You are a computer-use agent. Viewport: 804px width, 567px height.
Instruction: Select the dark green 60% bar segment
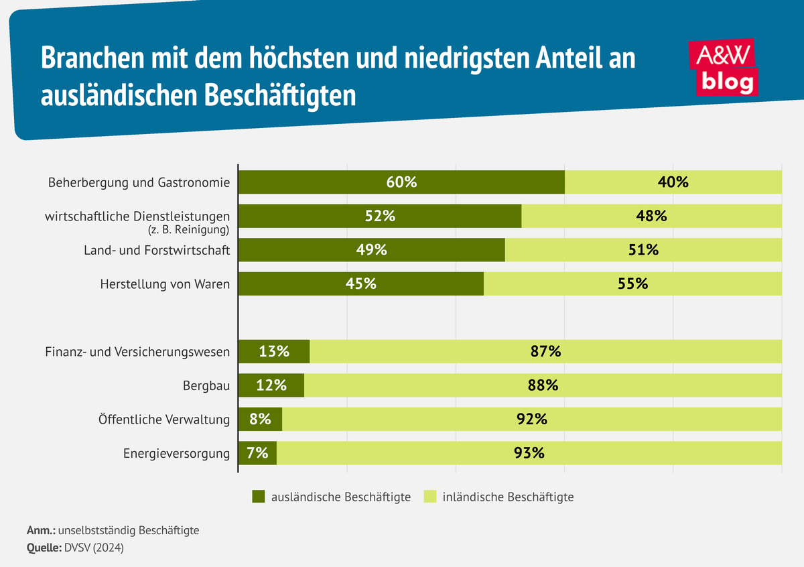pyautogui.click(x=401, y=182)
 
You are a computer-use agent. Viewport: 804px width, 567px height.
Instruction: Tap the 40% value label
pyautogui.click(x=673, y=182)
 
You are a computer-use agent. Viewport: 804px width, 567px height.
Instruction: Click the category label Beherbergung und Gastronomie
pyautogui.click(x=139, y=182)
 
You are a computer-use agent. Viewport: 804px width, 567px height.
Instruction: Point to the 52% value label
pyautogui.click(x=379, y=216)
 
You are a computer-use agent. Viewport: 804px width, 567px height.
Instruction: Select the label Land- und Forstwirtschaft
pyautogui.click(x=157, y=250)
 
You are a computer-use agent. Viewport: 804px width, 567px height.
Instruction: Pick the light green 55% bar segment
pyautogui.click(x=632, y=283)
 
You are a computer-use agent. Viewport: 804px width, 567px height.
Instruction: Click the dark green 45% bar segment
pyautogui.click(x=360, y=283)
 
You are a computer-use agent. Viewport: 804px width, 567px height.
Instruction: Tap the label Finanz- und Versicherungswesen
pyautogui.click(x=137, y=352)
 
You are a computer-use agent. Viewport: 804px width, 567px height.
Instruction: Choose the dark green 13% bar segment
pyautogui.click(x=274, y=351)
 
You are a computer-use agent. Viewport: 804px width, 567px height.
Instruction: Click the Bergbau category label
pyautogui.click(x=206, y=386)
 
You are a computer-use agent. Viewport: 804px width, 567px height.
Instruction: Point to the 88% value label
pyautogui.click(x=542, y=385)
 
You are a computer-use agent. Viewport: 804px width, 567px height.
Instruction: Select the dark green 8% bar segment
pyautogui.click(x=260, y=419)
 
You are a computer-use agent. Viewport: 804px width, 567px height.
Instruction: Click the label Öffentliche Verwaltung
pyautogui.click(x=164, y=420)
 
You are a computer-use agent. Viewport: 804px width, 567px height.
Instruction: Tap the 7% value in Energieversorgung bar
pyautogui.click(x=257, y=452)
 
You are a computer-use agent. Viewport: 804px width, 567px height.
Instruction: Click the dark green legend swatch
pyautogui.click(x=259, y=497)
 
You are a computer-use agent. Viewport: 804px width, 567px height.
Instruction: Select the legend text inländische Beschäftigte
pyautogui.click(x=509, y=497)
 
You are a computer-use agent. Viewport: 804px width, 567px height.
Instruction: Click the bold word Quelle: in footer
pyautogui.click(x=44, y=548)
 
